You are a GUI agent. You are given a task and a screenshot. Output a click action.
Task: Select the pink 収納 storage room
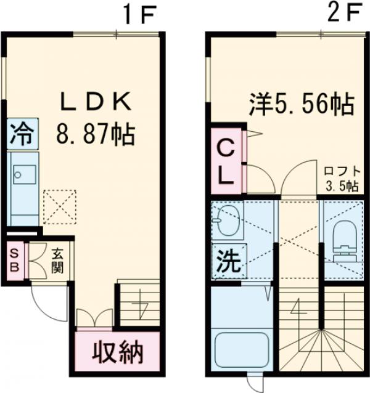(117, 352)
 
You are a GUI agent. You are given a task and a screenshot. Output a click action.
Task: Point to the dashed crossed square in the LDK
(59, 206)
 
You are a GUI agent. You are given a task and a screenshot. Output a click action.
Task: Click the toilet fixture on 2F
(342, 237)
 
